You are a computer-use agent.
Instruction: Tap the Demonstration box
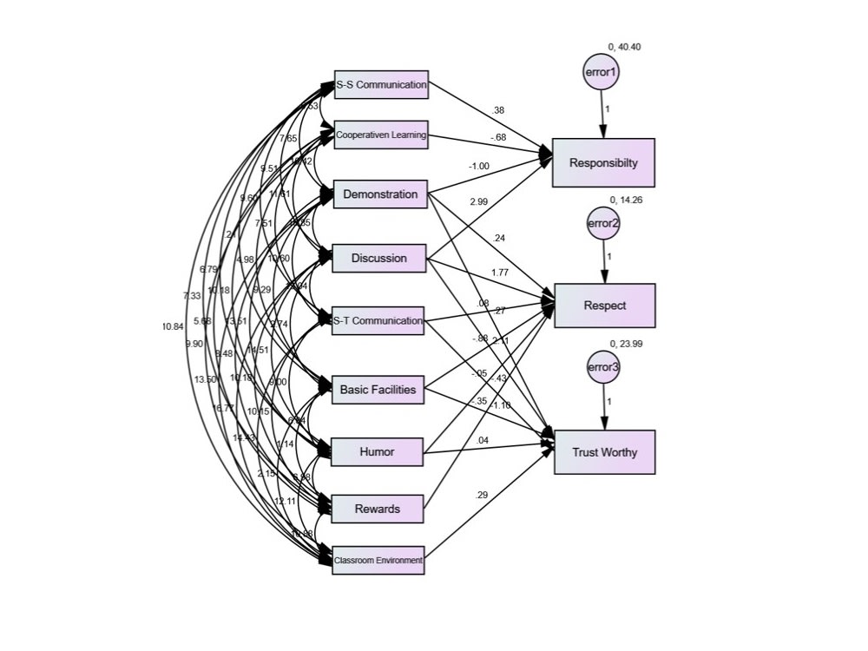coord(380,194)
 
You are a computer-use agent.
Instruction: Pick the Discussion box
coord(379,258)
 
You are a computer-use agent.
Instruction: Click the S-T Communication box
coord(378,321)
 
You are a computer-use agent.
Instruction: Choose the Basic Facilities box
coord(378,390)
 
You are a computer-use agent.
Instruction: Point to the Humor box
coord(377,451)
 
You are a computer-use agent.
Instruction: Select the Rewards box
coord(377,509)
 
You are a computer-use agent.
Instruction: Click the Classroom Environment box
coord(378,561)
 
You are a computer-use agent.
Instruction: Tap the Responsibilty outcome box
coord(603,162)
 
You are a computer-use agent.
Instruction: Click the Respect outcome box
coord(604,306)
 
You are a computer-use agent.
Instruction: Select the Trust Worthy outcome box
coord(604,451)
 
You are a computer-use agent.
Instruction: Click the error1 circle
coord(602,74)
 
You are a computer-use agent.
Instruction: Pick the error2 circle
coord(603,222)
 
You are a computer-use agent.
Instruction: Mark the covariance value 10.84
coord(172,326)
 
